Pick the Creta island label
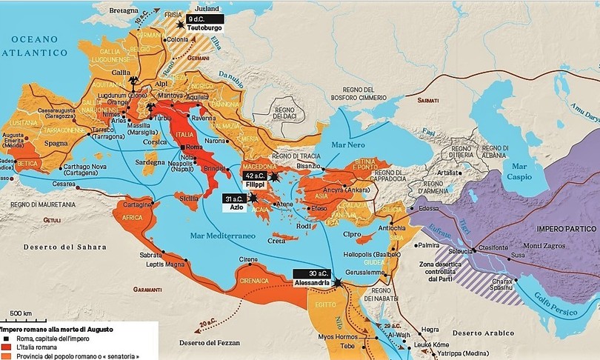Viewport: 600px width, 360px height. (276, 241)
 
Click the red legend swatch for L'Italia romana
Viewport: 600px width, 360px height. (5, 346)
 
